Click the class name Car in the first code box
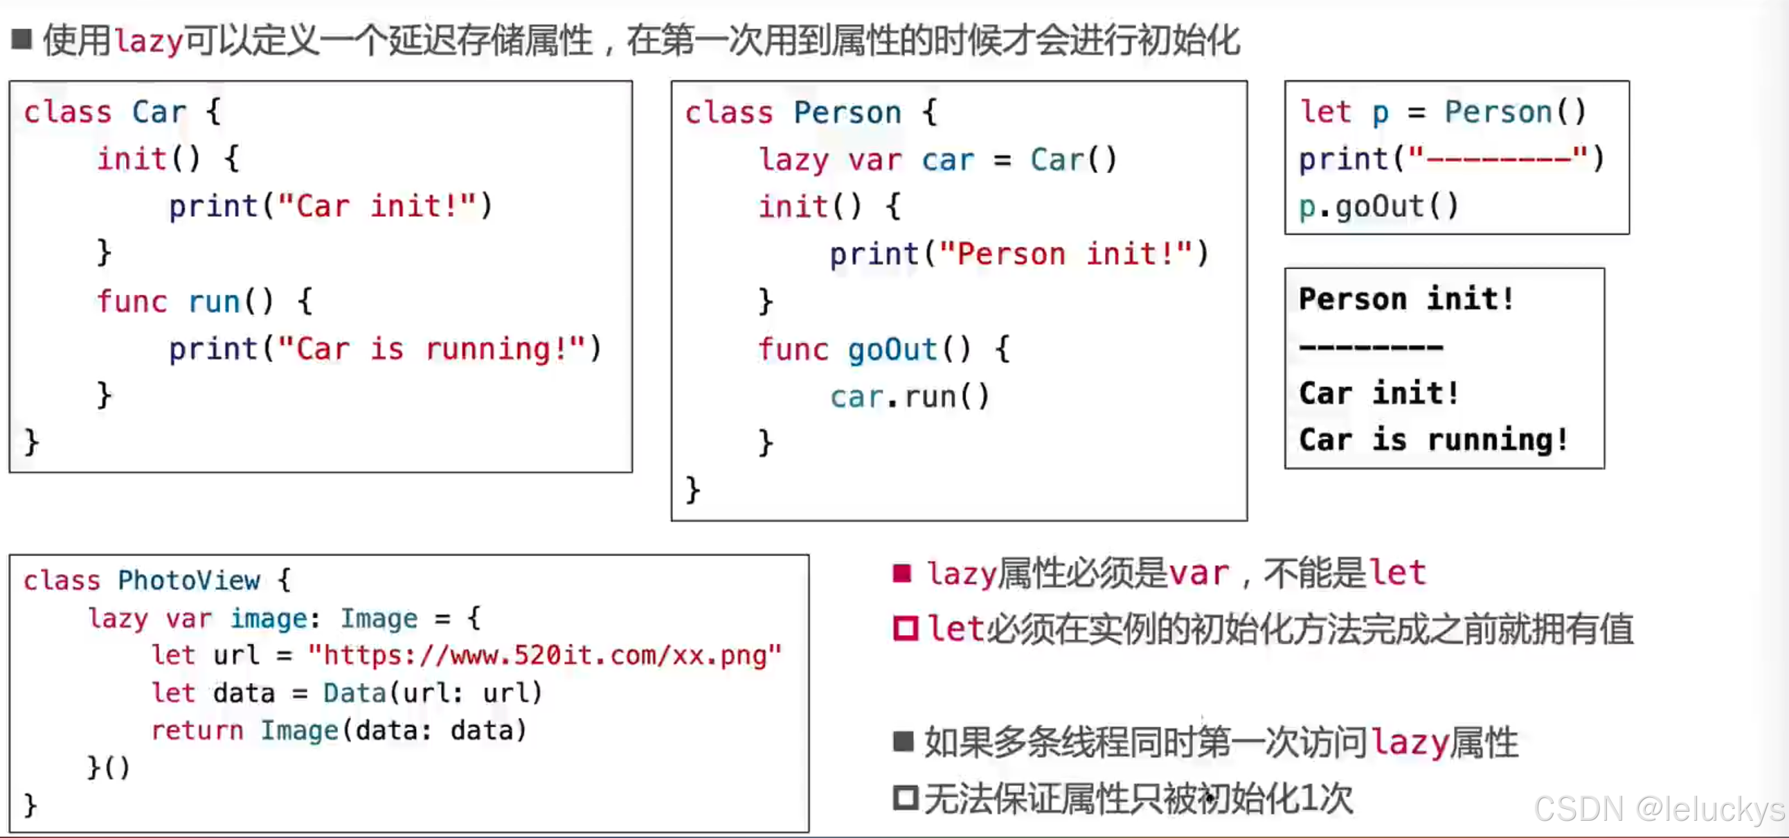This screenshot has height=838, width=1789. [159, 112]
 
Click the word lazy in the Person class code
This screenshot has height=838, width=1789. [794, 161]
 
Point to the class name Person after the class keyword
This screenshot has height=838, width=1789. [847, 113]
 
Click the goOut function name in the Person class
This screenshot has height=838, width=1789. [892, 350]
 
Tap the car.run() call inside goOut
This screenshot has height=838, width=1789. [909, 397]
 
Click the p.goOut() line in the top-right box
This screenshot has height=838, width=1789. [1378, 206]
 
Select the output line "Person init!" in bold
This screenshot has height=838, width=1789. [1405, 299]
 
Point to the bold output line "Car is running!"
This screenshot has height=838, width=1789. [1433, 440]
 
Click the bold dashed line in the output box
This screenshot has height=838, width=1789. [1371, 347]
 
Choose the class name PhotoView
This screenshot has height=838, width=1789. [189, 580]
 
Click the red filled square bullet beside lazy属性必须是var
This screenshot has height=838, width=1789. [901, 573]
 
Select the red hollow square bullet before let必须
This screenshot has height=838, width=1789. [905, 628]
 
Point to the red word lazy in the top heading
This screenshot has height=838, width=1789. [149, 41]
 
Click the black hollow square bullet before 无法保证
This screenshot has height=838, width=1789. [905, 798]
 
